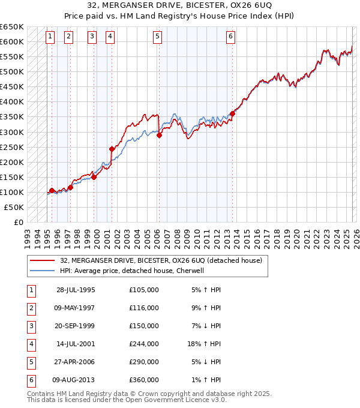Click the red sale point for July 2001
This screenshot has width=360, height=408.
(x=112, y=148)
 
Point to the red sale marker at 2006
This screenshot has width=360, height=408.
(x=160, y=135)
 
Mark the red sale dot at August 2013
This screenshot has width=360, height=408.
(x=232, y=113)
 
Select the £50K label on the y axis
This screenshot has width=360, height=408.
(x=14, y=207)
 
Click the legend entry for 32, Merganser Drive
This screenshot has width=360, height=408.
(x=161, y=261)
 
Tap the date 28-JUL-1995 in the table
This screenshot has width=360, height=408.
(x=76, y=290)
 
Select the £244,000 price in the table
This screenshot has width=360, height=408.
(x=144, y=344)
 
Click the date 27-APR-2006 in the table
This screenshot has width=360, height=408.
(x=76, y=362)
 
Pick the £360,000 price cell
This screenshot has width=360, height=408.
(x=144, y=380)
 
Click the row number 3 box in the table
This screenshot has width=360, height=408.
(x=30, y=326)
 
